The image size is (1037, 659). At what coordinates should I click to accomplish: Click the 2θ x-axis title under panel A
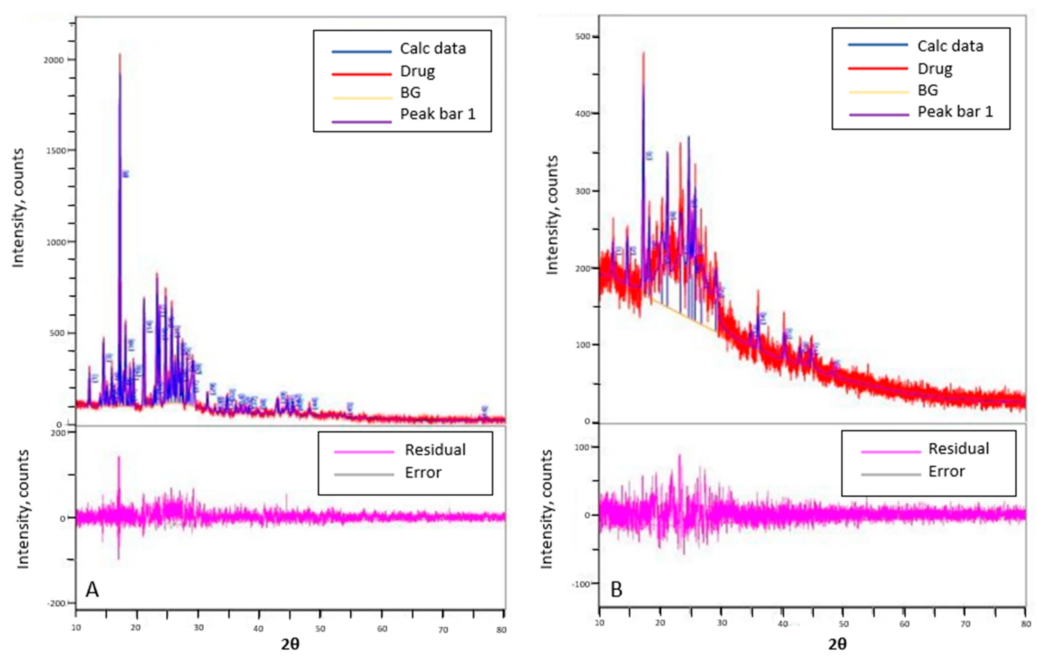(290, 644)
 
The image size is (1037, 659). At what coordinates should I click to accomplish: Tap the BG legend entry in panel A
(410, 93)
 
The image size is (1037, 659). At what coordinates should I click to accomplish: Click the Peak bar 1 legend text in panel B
(955, 112)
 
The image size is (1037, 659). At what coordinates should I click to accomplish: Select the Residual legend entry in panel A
(435, 450)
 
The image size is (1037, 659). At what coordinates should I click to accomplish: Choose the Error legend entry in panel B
(946, 472)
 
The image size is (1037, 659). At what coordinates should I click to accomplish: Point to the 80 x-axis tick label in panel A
(501, 630)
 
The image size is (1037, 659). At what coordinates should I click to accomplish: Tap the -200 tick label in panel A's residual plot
(56, 603)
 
